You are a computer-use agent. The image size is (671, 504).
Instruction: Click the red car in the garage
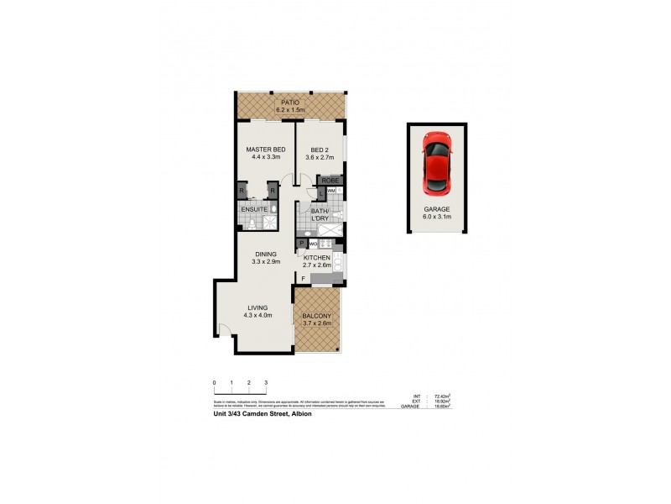[437, 163]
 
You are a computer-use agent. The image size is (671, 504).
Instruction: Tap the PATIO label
[290, 102]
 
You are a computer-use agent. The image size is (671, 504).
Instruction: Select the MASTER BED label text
[262, 150]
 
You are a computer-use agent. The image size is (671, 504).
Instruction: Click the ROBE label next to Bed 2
[329, 180]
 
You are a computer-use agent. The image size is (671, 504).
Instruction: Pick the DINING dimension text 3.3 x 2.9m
[265, 262]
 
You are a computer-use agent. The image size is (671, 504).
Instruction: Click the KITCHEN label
[316, 257]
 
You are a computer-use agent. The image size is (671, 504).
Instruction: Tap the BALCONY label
[316, 317]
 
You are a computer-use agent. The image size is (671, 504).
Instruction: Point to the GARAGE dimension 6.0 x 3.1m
[437, 217]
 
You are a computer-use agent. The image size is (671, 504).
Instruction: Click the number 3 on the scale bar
[266, 383]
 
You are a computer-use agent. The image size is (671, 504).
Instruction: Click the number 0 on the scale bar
[214, 383]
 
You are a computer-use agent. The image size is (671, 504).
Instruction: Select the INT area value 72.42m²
[442, 396]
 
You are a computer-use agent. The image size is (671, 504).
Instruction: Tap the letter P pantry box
[300, 244]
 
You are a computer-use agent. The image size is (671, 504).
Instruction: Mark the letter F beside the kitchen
[302, 277]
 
